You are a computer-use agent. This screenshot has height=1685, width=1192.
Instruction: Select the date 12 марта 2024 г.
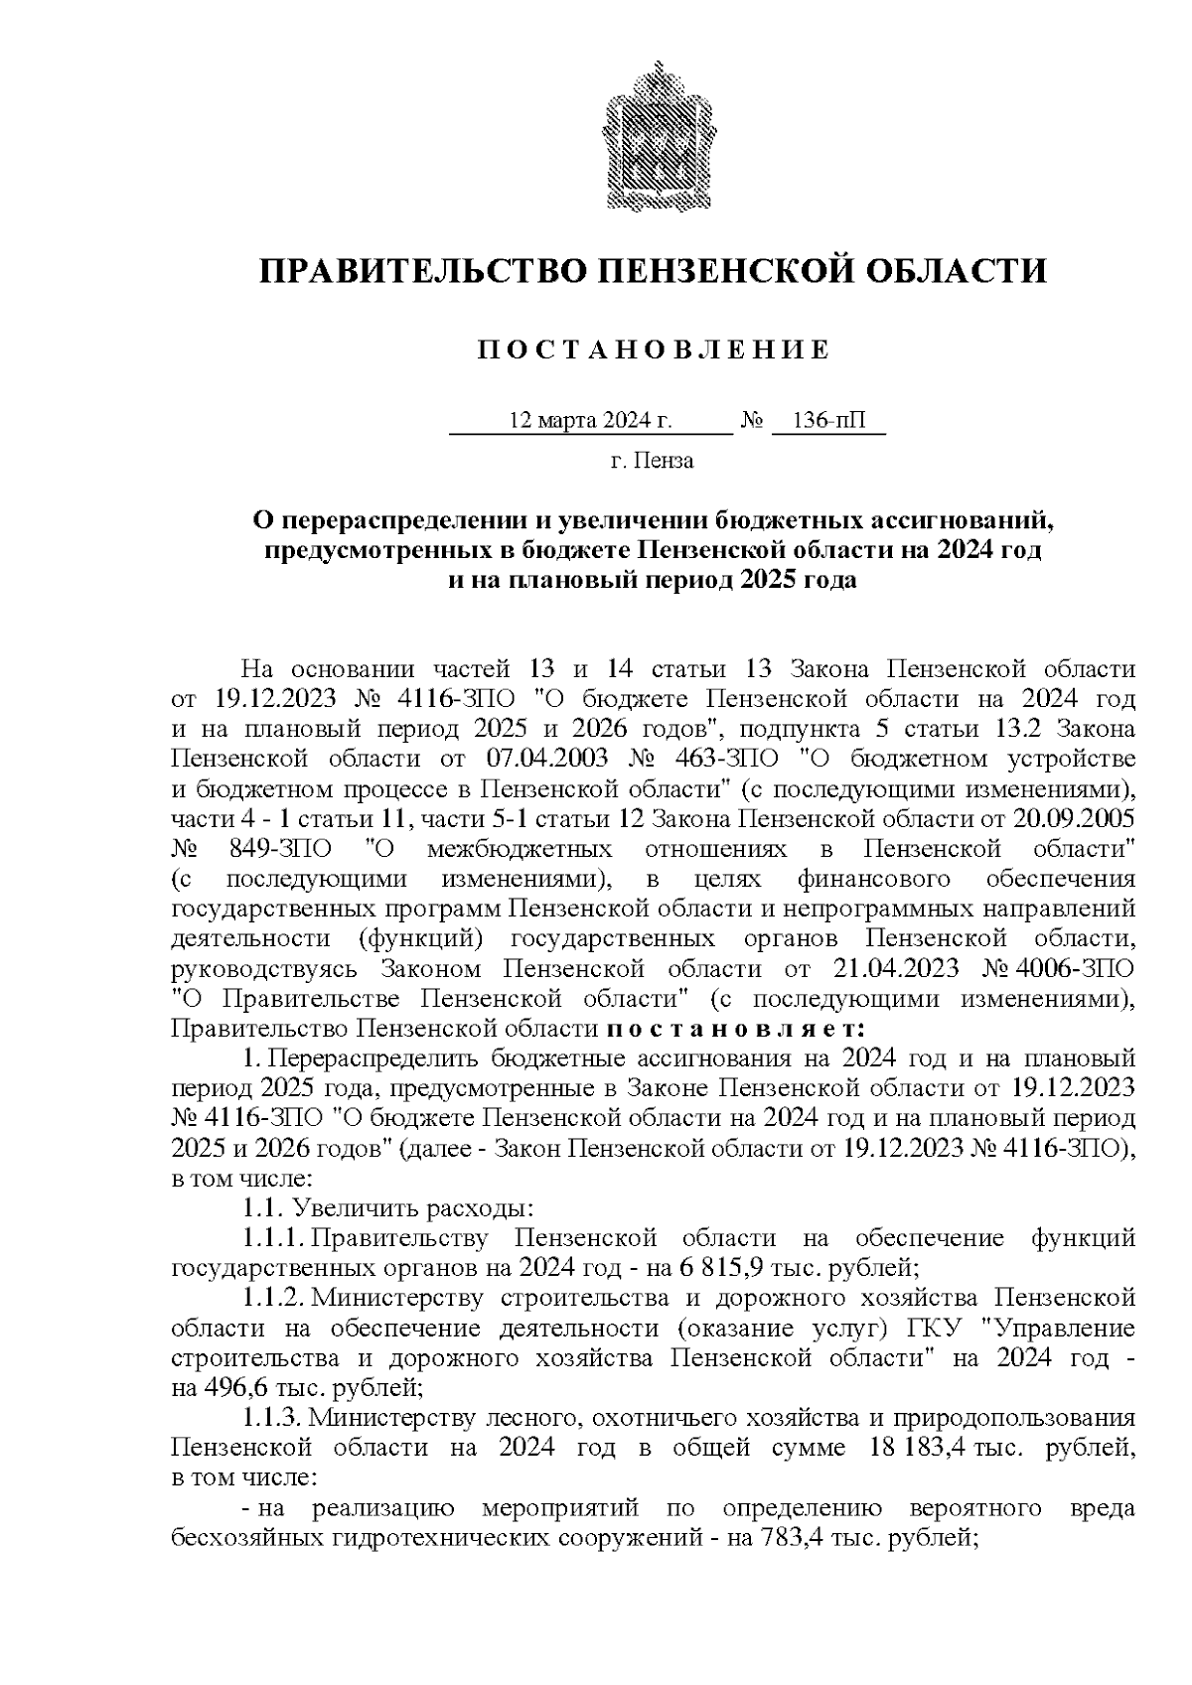tap(590, 421)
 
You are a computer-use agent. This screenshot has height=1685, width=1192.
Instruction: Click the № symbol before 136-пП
tap(752, 421)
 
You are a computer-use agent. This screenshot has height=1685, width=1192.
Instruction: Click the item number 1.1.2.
tap(273, 1298)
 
